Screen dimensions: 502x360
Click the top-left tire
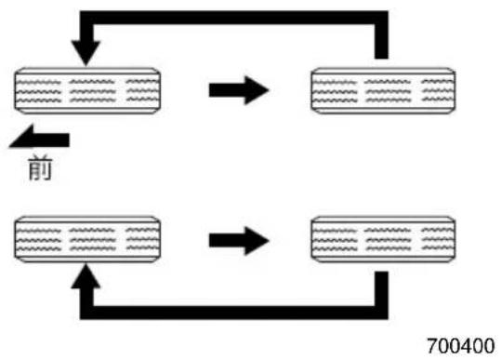[87, 90]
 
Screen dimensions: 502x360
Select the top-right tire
[383, 90]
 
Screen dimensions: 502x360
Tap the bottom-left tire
[87, 239]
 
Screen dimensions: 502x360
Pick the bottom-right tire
[383, 239]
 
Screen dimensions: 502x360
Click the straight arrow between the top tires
[239, 90]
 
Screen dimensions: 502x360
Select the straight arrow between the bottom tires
[239, 241]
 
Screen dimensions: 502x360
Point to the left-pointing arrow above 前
[39, 138]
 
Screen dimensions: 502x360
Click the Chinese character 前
[40, 167]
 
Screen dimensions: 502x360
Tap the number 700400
[461, 346]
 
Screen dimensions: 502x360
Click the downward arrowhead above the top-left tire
[86, 52]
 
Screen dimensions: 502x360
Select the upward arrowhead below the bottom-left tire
[86, 276]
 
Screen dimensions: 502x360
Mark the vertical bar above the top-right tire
[382, 42]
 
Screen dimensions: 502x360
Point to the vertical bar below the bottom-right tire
[382, 288]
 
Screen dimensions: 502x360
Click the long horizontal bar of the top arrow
[234, 18]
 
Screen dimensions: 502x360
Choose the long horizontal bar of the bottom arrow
[234, 313]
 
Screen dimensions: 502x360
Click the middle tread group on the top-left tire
[92, 91]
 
